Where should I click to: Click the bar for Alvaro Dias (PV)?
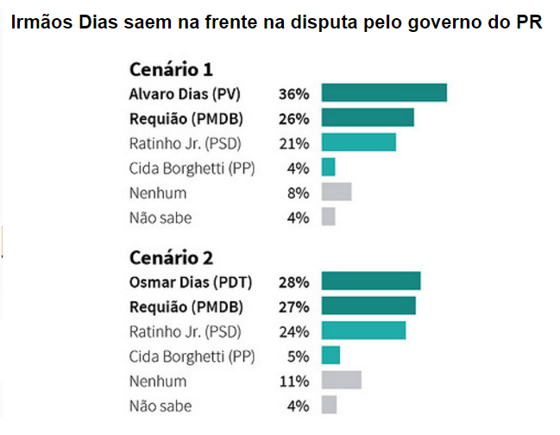point(384,93)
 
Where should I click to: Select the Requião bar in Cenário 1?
point(368,118)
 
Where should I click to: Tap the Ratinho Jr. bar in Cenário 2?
point(363,331)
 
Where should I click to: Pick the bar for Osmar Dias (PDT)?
point(370,281)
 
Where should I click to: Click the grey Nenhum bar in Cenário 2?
point(341,381)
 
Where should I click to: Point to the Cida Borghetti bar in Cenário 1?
point(328,167)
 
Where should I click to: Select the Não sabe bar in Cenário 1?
point(328,217)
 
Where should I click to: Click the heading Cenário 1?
point(171,69)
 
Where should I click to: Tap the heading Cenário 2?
point(171,257)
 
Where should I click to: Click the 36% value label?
point(293,93)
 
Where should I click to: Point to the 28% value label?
point(293,281)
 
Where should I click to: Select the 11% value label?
point(294,381)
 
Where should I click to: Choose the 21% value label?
point(293,142)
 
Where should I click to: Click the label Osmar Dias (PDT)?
point(184,281)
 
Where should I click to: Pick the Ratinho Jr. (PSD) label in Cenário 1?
point(184,142)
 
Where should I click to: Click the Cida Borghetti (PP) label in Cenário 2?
point(192,356)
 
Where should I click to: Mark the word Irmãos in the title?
point(40,23)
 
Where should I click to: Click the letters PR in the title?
point(528,23)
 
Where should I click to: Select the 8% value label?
point(298,192)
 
